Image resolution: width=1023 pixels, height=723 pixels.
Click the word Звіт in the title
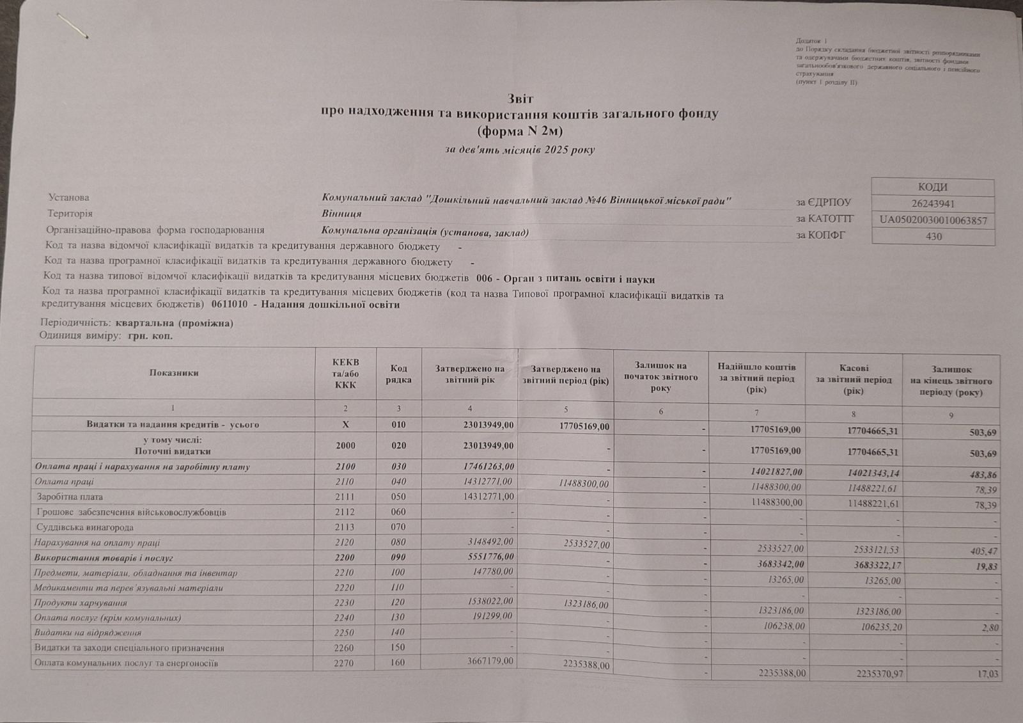pyautogui.click(x=520, y=99)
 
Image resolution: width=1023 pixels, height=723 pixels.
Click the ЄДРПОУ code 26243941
pyautogui.click(x=933, y=204)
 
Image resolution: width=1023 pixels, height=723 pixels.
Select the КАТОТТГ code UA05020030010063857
pyautogui.click(x=933, y=221)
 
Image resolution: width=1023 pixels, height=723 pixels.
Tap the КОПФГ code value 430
pyautogui.click(x=933, y=236)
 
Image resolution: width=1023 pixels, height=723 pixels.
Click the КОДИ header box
pyautogui.click(x=933, y=187)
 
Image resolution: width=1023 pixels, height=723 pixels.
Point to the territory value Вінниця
pyautogui.click(x=341, y=214)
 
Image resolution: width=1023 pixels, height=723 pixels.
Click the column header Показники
pyautogui.click(x=174, y=373)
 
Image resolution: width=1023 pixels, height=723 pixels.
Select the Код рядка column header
pyautogui.click(x=398, y=374)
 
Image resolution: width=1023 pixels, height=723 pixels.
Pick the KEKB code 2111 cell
pyautogui.click(x=345, y=497)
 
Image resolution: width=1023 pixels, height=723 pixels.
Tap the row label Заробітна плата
pyautogui.click(x=70, y=497)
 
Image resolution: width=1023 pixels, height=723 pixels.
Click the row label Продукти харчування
pyautogui.click(x=81, y=603)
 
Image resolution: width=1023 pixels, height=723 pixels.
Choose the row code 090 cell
pyautogui.click(x=398, y=558)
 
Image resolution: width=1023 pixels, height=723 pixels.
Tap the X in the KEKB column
pyautogui.click(x=345, y=424)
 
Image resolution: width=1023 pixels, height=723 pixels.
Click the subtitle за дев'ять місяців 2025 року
pyautogui.click(x=519, y=150)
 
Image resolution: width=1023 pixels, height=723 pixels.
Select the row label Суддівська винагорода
pyautogui.click(x=85, y=527)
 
